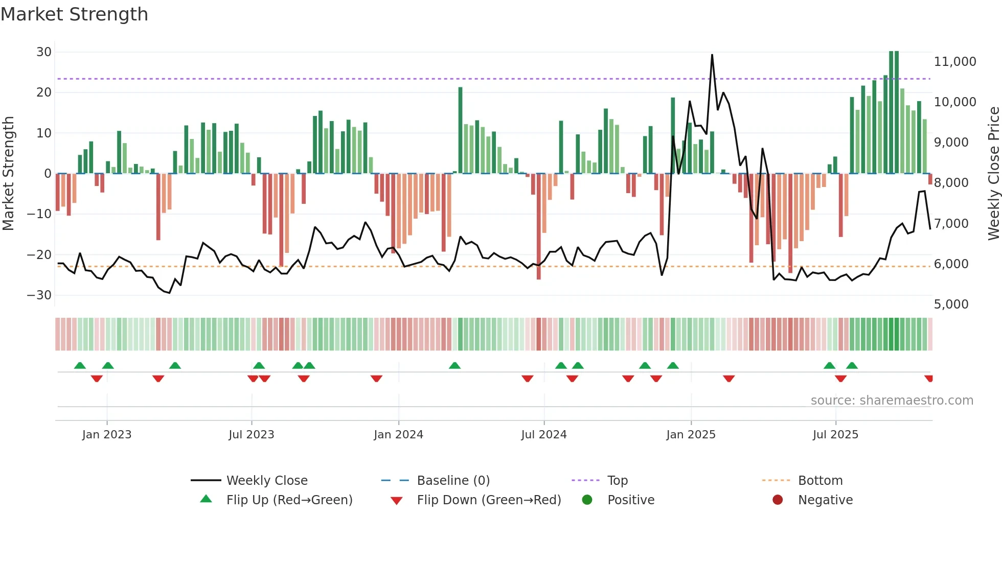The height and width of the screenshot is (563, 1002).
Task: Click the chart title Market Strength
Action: click(74, 14)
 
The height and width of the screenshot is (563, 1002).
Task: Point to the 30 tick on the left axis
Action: click(44, 52)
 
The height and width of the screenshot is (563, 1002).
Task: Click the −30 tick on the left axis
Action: click(39, 295)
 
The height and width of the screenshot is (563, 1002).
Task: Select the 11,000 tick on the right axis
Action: click(954, 62)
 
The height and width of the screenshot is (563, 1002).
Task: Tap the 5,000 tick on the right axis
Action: click(951, 304)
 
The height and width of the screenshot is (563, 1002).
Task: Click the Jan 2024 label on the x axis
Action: click(398, 435)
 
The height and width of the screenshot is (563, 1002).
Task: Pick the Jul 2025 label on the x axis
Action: click(835, 435)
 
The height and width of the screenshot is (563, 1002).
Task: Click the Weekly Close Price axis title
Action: click(993, 173)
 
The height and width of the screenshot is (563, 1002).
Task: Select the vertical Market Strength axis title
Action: click(8, 173)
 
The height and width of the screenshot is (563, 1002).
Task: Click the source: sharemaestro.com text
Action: click(892, 401)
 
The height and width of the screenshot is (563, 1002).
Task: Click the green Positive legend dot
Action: click(587, 500)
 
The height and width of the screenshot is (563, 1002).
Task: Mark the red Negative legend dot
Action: click(778, 500)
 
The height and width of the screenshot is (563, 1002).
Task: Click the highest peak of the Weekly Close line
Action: click(712, 55)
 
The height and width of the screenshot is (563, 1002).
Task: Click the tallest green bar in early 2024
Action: click(460, 130)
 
